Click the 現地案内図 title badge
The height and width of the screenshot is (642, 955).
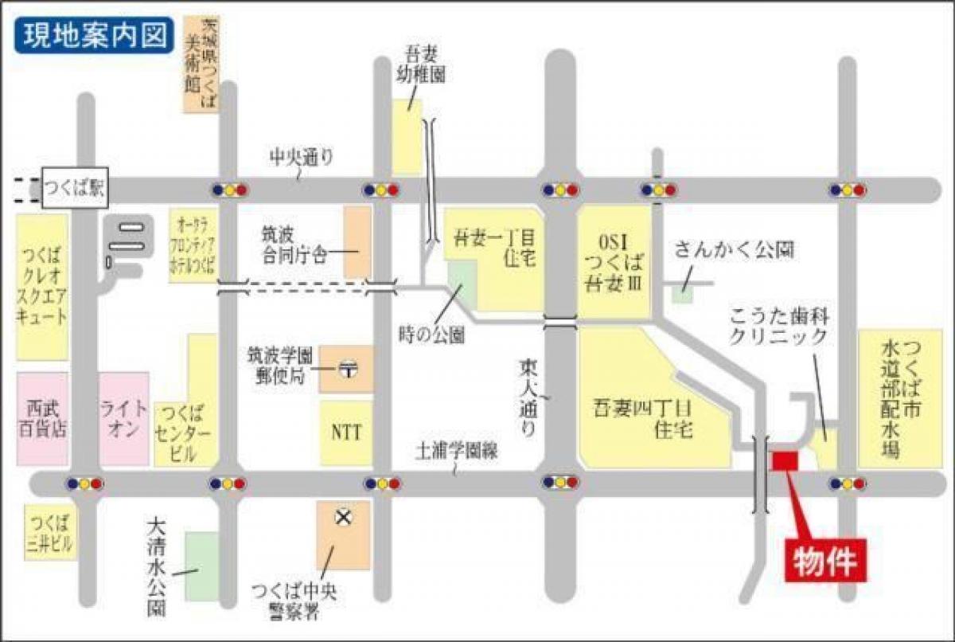point(92,35)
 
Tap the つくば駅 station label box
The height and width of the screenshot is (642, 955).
point(73,189)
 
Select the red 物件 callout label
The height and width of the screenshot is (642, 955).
point(825,561)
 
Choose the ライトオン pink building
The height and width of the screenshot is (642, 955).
point(123,418)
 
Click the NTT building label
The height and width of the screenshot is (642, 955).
point(346,433)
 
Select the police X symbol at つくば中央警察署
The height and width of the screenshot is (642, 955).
point(343,519)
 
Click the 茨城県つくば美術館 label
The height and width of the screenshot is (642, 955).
point(199,62)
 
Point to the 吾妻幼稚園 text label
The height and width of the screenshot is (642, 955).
point(421,65)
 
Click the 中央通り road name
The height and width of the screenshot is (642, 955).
point(301,158)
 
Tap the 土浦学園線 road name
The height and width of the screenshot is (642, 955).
point(456,451)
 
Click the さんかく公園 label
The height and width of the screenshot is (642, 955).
point(734,250)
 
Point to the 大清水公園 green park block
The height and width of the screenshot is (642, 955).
point(201,566)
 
